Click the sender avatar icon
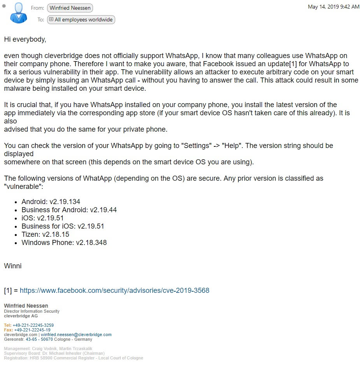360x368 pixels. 18,13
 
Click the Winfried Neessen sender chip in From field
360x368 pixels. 70,8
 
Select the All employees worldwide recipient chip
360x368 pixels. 81,19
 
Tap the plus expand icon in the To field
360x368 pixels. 51,19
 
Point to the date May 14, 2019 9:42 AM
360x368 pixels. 333,7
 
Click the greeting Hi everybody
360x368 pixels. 25,39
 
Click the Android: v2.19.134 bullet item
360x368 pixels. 51,202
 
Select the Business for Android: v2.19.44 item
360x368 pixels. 69,210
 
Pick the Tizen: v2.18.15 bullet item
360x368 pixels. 45,234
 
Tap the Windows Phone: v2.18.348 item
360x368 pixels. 64,243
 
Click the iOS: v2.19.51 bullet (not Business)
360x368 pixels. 42,218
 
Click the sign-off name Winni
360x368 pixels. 12,266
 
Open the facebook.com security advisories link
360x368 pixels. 114,291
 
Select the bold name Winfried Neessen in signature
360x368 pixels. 26,306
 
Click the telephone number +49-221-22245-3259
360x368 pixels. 33,325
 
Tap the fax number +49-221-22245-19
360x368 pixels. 32,330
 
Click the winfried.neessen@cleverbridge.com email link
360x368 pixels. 76,335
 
